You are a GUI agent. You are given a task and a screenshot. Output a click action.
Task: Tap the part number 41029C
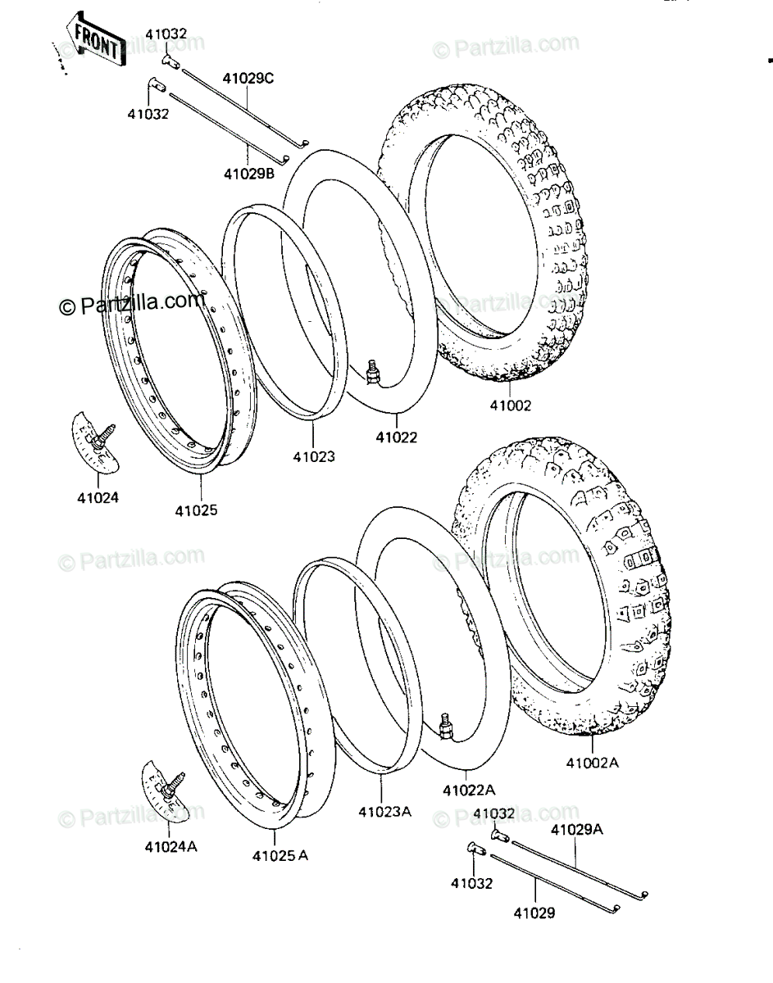tap(248, 79)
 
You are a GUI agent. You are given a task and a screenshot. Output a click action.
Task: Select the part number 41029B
tap(249, 174)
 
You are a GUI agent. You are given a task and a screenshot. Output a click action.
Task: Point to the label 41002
tap(511, 405)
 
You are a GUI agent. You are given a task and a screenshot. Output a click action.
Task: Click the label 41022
tap(397, 437)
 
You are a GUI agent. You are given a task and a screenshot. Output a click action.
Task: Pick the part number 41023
tap(314, 457)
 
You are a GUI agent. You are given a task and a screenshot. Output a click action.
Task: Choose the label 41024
tap(98, 497)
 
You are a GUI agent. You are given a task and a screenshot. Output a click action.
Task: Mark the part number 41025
tap(197, 510)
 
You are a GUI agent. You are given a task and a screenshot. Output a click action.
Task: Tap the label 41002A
tap(592, 763)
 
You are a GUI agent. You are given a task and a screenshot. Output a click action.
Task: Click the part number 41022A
tap(469, 790)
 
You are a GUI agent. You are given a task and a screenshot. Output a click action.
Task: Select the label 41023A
tap(385, 812)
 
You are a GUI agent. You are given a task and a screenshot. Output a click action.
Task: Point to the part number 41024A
tap(171, 847)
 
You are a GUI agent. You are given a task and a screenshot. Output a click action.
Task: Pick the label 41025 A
tap(280, 856)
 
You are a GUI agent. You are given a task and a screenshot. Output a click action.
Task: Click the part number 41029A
tap(576, 830)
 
